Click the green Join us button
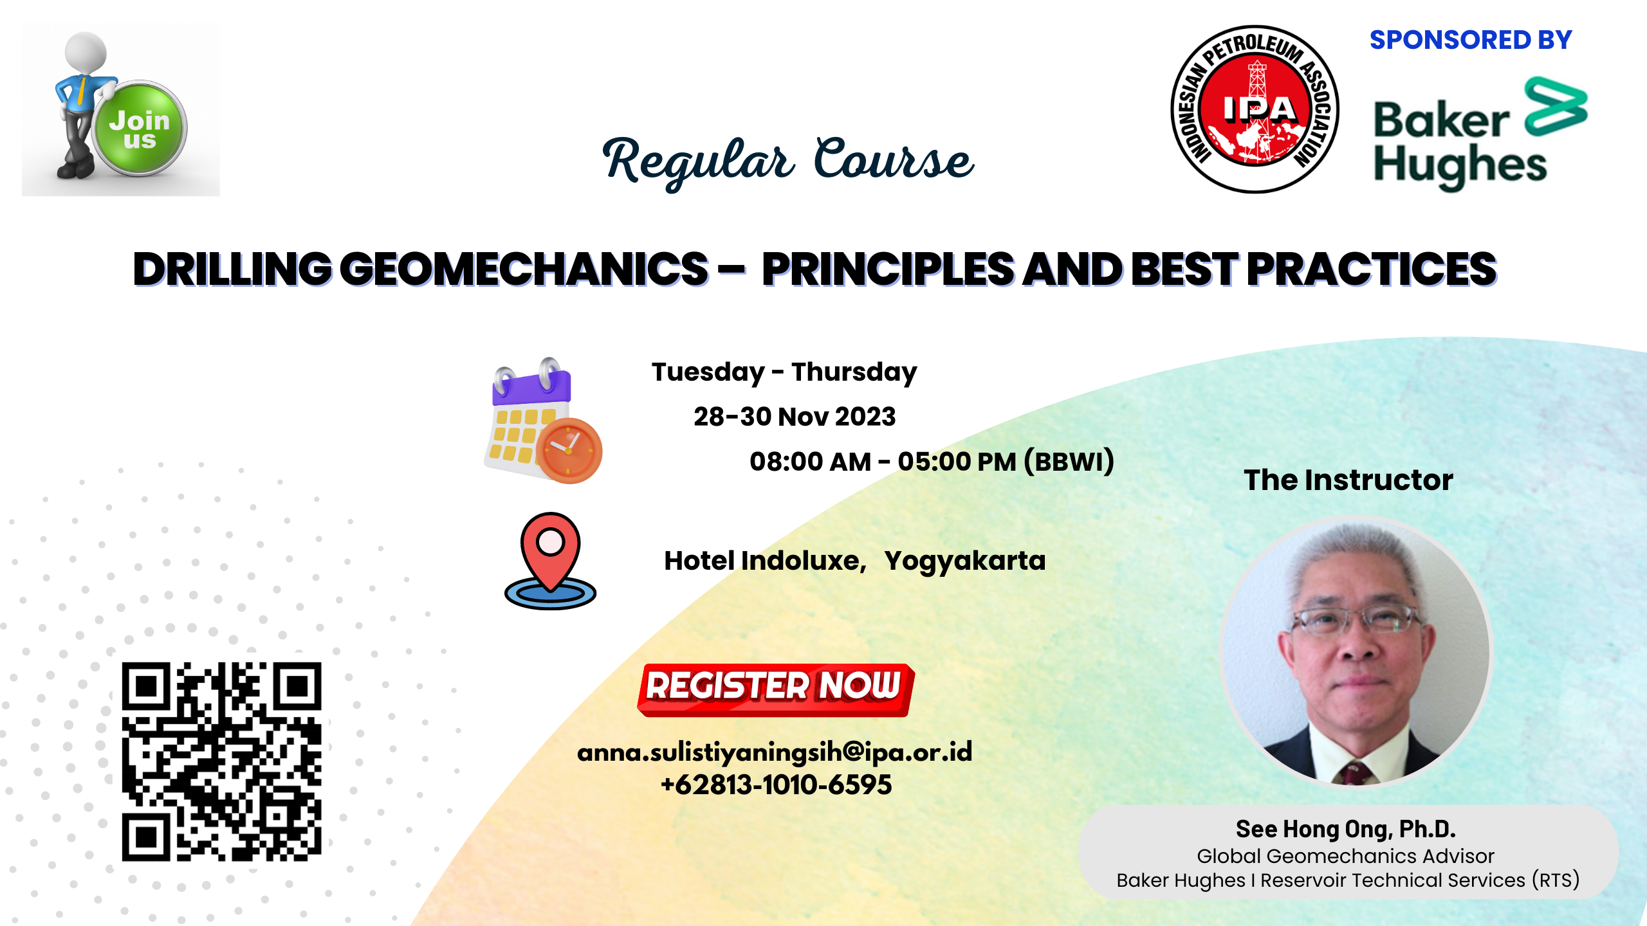tap(140, 129)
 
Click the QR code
tap(221, 761)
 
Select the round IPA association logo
tap(1255, 109)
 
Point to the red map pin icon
tap(551, 553)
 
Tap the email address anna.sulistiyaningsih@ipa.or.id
tap(775, 752)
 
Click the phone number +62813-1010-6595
tap(776, 785)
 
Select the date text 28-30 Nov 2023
tap(795, 417)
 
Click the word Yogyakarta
tap(964, 561)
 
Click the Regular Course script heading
tap(787, 161)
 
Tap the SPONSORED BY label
tap(1470, 40)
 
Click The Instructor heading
tap(1348, 480)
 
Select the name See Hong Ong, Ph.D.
tap(1345, 829)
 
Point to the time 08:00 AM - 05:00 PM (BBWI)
tap(931, 461)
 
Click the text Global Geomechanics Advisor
tap(1345, 856)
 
